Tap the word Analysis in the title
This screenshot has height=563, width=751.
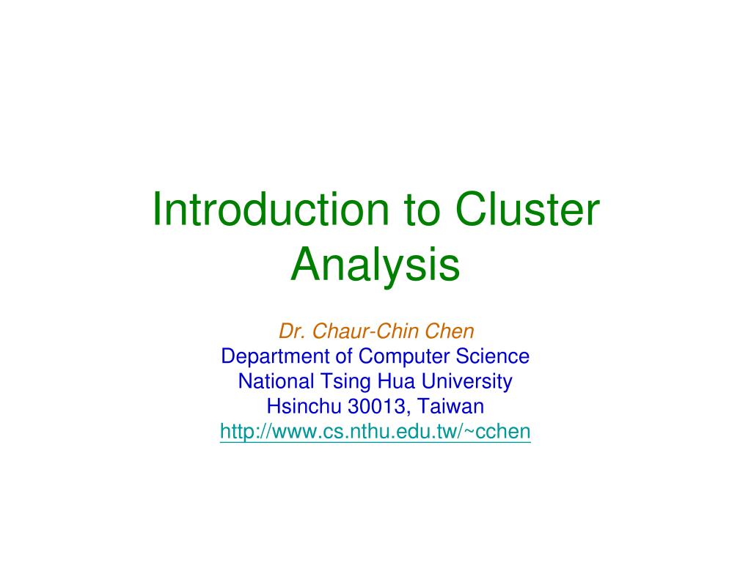[x=375, y=265]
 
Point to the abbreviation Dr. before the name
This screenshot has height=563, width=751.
[x=292, y=332]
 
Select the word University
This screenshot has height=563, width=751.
[x=465, y=382]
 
